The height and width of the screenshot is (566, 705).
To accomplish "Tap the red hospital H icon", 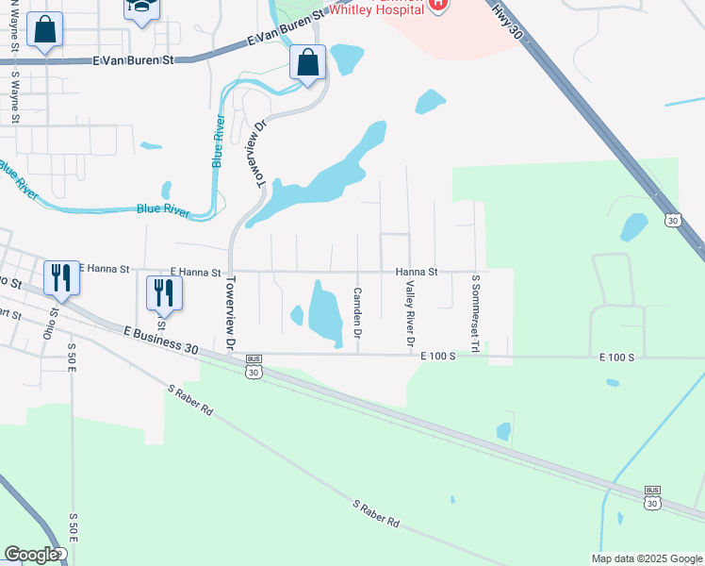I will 437,5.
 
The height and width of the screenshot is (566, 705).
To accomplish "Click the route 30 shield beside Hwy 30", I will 671,220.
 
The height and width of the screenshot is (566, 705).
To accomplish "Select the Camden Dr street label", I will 358,313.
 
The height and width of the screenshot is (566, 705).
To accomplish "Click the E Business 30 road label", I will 160,341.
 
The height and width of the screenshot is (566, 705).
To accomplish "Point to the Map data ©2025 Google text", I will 647,558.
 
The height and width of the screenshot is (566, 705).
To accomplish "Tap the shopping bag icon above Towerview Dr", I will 307,64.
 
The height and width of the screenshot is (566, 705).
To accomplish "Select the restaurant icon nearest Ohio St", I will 61,277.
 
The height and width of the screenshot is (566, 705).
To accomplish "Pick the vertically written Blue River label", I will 218,141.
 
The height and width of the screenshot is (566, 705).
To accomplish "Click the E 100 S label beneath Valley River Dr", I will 438,357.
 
